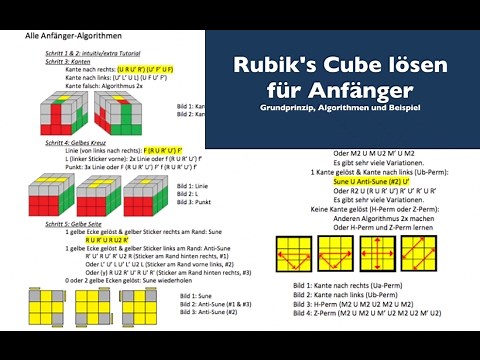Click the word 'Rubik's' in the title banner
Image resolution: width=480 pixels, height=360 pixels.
tap(272, 64)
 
